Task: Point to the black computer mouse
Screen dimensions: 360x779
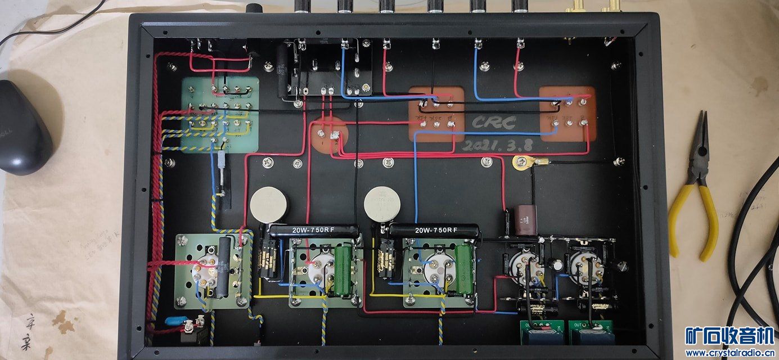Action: pyautogui.click(x=22, y=127)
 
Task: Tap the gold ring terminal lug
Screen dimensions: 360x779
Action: pyautogui.click(x=522, y=163)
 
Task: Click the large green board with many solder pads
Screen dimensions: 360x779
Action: pyautogui.click(x=219, y=115)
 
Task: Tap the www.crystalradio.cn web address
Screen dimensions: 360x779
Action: pyautogui.click(x=730, y=353)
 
